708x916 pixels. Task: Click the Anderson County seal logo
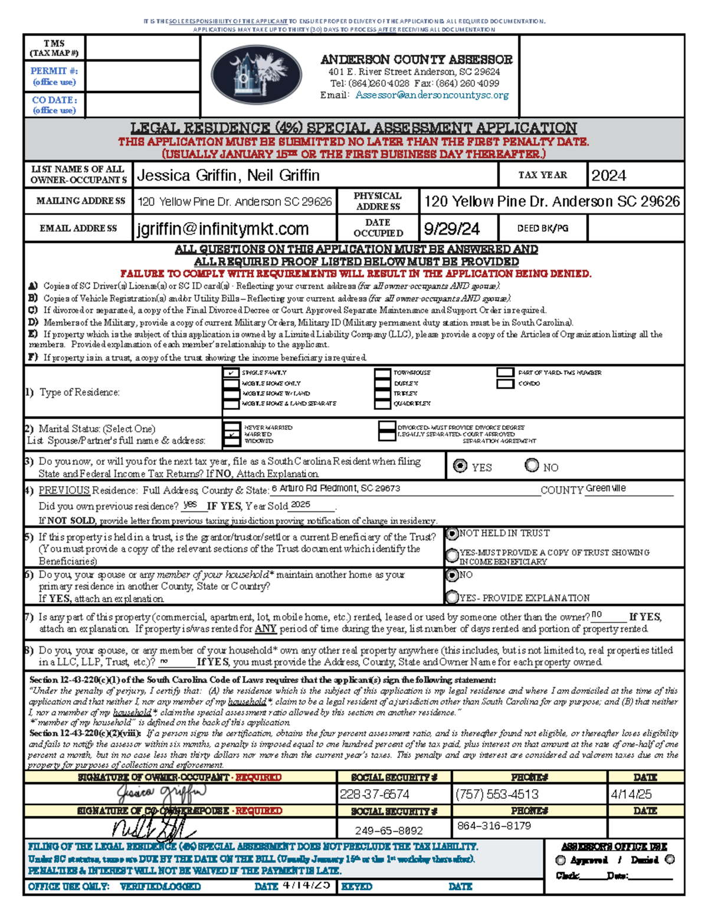tap(257, 75)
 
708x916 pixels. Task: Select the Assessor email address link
tap(431, 95)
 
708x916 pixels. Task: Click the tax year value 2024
tap(609, 175)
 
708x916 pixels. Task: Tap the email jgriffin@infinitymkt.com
tap(223, 229)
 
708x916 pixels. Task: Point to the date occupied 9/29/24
tap(452, 229)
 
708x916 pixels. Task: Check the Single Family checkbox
tap(231, 373)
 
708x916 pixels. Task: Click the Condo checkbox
tap(505, 383)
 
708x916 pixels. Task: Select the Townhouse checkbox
tap(382, 373)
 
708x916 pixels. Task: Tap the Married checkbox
tap(232, 434)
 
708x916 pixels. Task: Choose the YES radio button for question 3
tap(460, 466)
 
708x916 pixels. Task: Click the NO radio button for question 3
tap(532, 465)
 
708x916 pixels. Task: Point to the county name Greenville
tap(606, 488)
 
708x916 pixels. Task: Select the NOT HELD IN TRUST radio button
tap(453, 533)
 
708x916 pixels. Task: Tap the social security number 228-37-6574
tap(375, 794)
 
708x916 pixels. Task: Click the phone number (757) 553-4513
tap(497, 794)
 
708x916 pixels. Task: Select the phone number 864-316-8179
tap(494, 826)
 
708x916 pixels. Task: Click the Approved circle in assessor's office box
tap(560, 861)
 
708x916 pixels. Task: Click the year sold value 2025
tap(300, 505)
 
